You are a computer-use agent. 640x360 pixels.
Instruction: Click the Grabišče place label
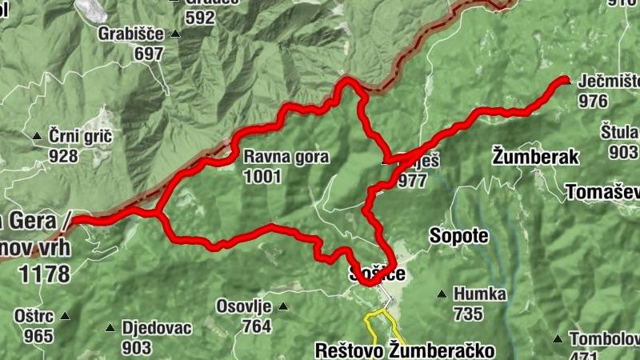130,34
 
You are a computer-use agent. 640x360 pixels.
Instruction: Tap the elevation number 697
149,54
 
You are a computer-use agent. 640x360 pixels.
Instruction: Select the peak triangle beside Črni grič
37,137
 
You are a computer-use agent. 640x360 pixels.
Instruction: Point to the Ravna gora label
286,157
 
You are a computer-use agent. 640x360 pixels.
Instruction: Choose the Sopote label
458,236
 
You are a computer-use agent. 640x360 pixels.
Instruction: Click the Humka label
479,294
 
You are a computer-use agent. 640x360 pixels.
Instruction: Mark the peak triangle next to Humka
441,294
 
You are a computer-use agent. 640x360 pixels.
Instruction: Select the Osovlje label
244,306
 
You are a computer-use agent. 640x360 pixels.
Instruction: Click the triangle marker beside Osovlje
282,306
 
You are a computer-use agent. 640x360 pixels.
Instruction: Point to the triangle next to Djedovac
110,327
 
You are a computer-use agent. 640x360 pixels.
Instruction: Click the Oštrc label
33,316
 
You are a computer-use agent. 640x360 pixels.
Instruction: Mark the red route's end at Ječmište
564,80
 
